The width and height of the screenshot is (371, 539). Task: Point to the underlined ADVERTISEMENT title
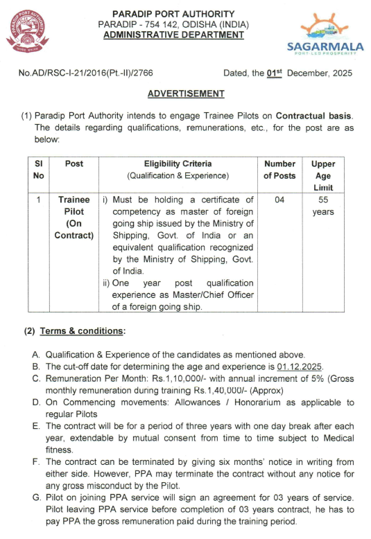[186, 94]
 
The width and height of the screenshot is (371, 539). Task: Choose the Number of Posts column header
[279, 170]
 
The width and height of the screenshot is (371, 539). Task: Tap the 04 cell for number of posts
[279, 200]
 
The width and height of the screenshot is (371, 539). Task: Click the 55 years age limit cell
[322, 206]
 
